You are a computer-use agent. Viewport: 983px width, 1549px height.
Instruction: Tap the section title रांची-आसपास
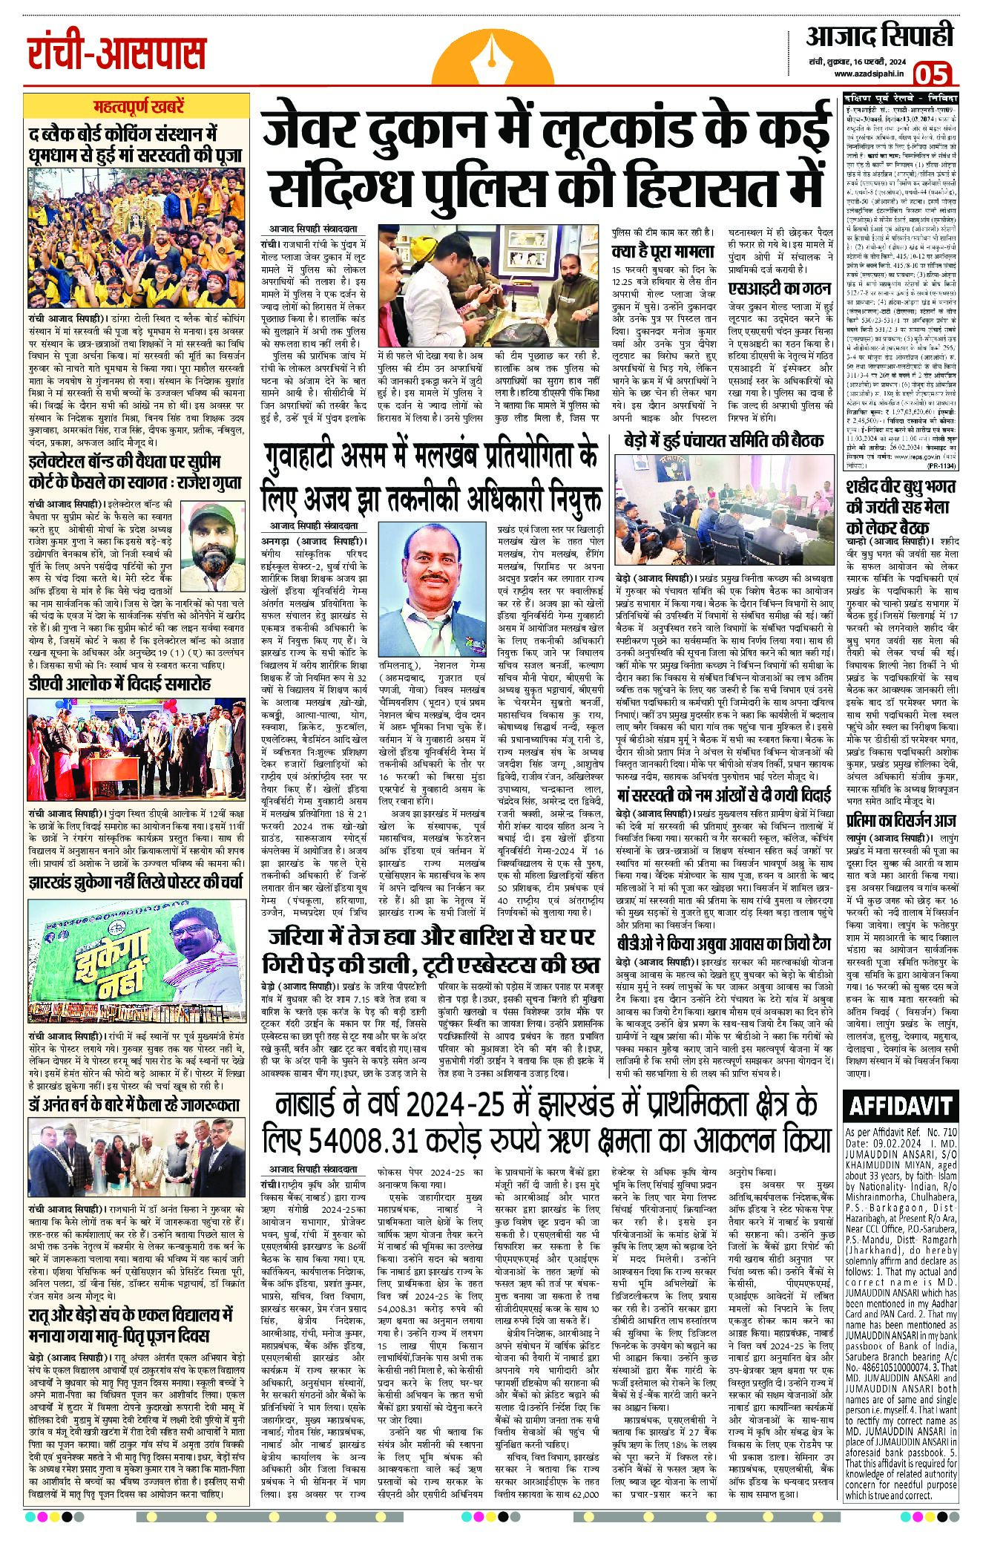(x=116, y=53)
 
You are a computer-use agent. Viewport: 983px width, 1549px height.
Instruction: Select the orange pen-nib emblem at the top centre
(x=491, y=56)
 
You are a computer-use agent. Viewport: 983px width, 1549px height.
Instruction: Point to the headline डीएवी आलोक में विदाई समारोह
(x=120, y=683)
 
